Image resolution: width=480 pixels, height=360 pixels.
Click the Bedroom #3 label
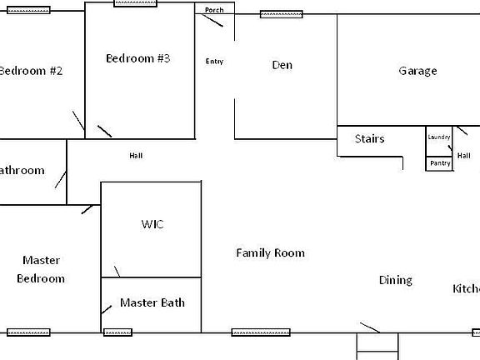click(x=138, y=58)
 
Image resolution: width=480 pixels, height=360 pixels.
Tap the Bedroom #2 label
click(x=30, y=71)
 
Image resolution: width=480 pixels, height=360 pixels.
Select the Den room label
click(x=282, y=65)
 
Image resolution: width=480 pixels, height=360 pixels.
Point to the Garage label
click(x=417, y=71)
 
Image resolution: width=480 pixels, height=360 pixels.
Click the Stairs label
click(x=369, y=138)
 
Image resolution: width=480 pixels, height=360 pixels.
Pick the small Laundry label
click(x=439, y=137)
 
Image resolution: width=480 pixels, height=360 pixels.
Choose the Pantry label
click(x=440, y=163)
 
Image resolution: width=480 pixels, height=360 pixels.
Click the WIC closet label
click(x=152, y=225)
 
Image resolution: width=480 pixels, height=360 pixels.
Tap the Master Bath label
click(x=152, y=302)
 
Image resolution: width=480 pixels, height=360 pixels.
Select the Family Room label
click(x=270, y=252)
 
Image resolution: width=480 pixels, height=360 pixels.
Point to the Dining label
click(x=396, y=280)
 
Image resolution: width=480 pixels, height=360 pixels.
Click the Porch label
click(x=214, y=10)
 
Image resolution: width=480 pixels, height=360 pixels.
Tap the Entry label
click(x=214, y=62)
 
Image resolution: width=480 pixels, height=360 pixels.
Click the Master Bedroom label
click(x=41, y=269)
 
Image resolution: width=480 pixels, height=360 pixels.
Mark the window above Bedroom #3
click(x=135, y=3)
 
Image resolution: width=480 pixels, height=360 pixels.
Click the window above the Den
click(x=281, y=14)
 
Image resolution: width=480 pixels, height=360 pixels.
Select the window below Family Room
click(x=254, y=332)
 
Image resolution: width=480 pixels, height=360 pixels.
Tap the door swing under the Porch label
click(x=212, y=21)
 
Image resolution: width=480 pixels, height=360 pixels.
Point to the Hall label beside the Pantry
click(x=464, y=155)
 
